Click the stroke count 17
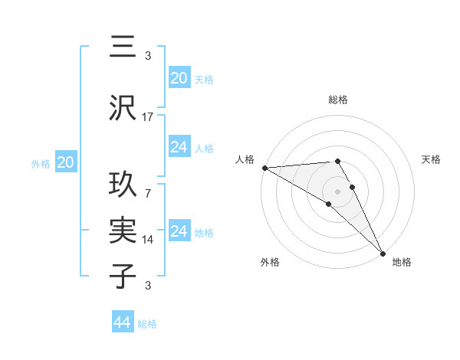coord(148,117)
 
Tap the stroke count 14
coord(148,240)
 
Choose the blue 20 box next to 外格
coord(65,162)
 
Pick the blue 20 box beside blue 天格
coord(179,78)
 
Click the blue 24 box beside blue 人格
coord(179,147)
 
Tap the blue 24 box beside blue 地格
coord(179,231)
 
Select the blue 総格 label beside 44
coord(147,324)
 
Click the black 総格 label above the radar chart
coord(337,100)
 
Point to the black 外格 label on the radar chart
coord(270,262)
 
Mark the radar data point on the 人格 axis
coord(264,168)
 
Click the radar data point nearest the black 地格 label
coord(382,253)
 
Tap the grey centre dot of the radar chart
coord(337,190)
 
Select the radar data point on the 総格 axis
coord(337,161)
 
